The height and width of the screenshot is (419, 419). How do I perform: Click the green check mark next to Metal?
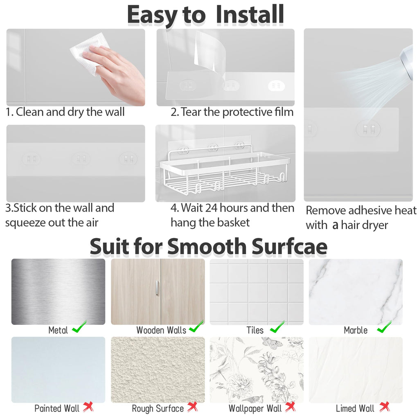[79, 327]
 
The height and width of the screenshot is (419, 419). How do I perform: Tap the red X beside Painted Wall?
[88, 407]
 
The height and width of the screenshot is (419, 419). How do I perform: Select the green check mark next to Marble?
[384, 327]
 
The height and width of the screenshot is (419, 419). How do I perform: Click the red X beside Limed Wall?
[384, 407]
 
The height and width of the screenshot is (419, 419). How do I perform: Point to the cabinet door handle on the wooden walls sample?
[157, 288]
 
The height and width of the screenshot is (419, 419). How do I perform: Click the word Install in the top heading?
[250, 14]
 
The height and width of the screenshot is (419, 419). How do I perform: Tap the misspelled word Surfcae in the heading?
[289, 246]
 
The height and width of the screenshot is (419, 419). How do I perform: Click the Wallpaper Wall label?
[255, 408]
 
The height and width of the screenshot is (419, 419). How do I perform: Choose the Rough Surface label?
[158, 408]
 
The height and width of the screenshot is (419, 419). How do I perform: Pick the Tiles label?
[255, 330]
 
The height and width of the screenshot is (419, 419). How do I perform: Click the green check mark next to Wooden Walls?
[196, 327]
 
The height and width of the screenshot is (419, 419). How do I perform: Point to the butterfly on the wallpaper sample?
[270, 342]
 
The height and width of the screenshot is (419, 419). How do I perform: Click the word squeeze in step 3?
[25, 223]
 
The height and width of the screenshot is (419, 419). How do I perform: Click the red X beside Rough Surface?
[192, 407]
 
